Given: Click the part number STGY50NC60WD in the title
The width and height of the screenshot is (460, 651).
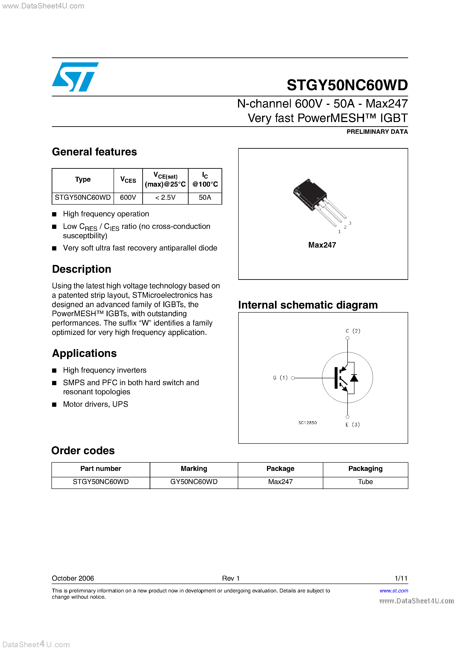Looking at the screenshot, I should tap(347, 85).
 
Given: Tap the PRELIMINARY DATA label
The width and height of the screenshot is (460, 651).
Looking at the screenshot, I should tap(377, 132).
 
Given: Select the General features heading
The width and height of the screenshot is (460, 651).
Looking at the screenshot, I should tap(94, 152).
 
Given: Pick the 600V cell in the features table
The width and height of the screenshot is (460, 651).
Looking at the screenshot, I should tap(128, 198).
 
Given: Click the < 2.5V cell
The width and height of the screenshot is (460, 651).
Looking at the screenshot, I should tap(165, 198).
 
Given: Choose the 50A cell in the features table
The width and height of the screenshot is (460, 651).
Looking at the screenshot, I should tap(205, 198).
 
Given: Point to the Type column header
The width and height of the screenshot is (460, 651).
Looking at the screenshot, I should tap(83, 179).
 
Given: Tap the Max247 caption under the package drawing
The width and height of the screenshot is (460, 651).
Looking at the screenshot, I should tap(322, 245).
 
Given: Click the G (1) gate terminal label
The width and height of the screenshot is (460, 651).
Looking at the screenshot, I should tap(280, 378).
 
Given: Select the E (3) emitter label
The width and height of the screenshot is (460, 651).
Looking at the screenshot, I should tap(352, 424).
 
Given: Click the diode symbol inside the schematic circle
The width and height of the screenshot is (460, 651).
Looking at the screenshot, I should tap(354, 378).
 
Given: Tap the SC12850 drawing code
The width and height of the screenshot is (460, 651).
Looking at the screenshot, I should tap(307, 423).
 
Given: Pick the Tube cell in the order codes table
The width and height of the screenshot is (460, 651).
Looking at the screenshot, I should tap(365, 482).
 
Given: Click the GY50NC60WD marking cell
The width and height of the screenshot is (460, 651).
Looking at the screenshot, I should tap(194, 482).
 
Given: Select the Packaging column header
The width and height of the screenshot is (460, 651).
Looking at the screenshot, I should tap(365, 469).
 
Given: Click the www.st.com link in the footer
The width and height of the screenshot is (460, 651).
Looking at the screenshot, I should tap(394, 591).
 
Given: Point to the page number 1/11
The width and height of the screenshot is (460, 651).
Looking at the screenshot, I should tap(401, 578).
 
